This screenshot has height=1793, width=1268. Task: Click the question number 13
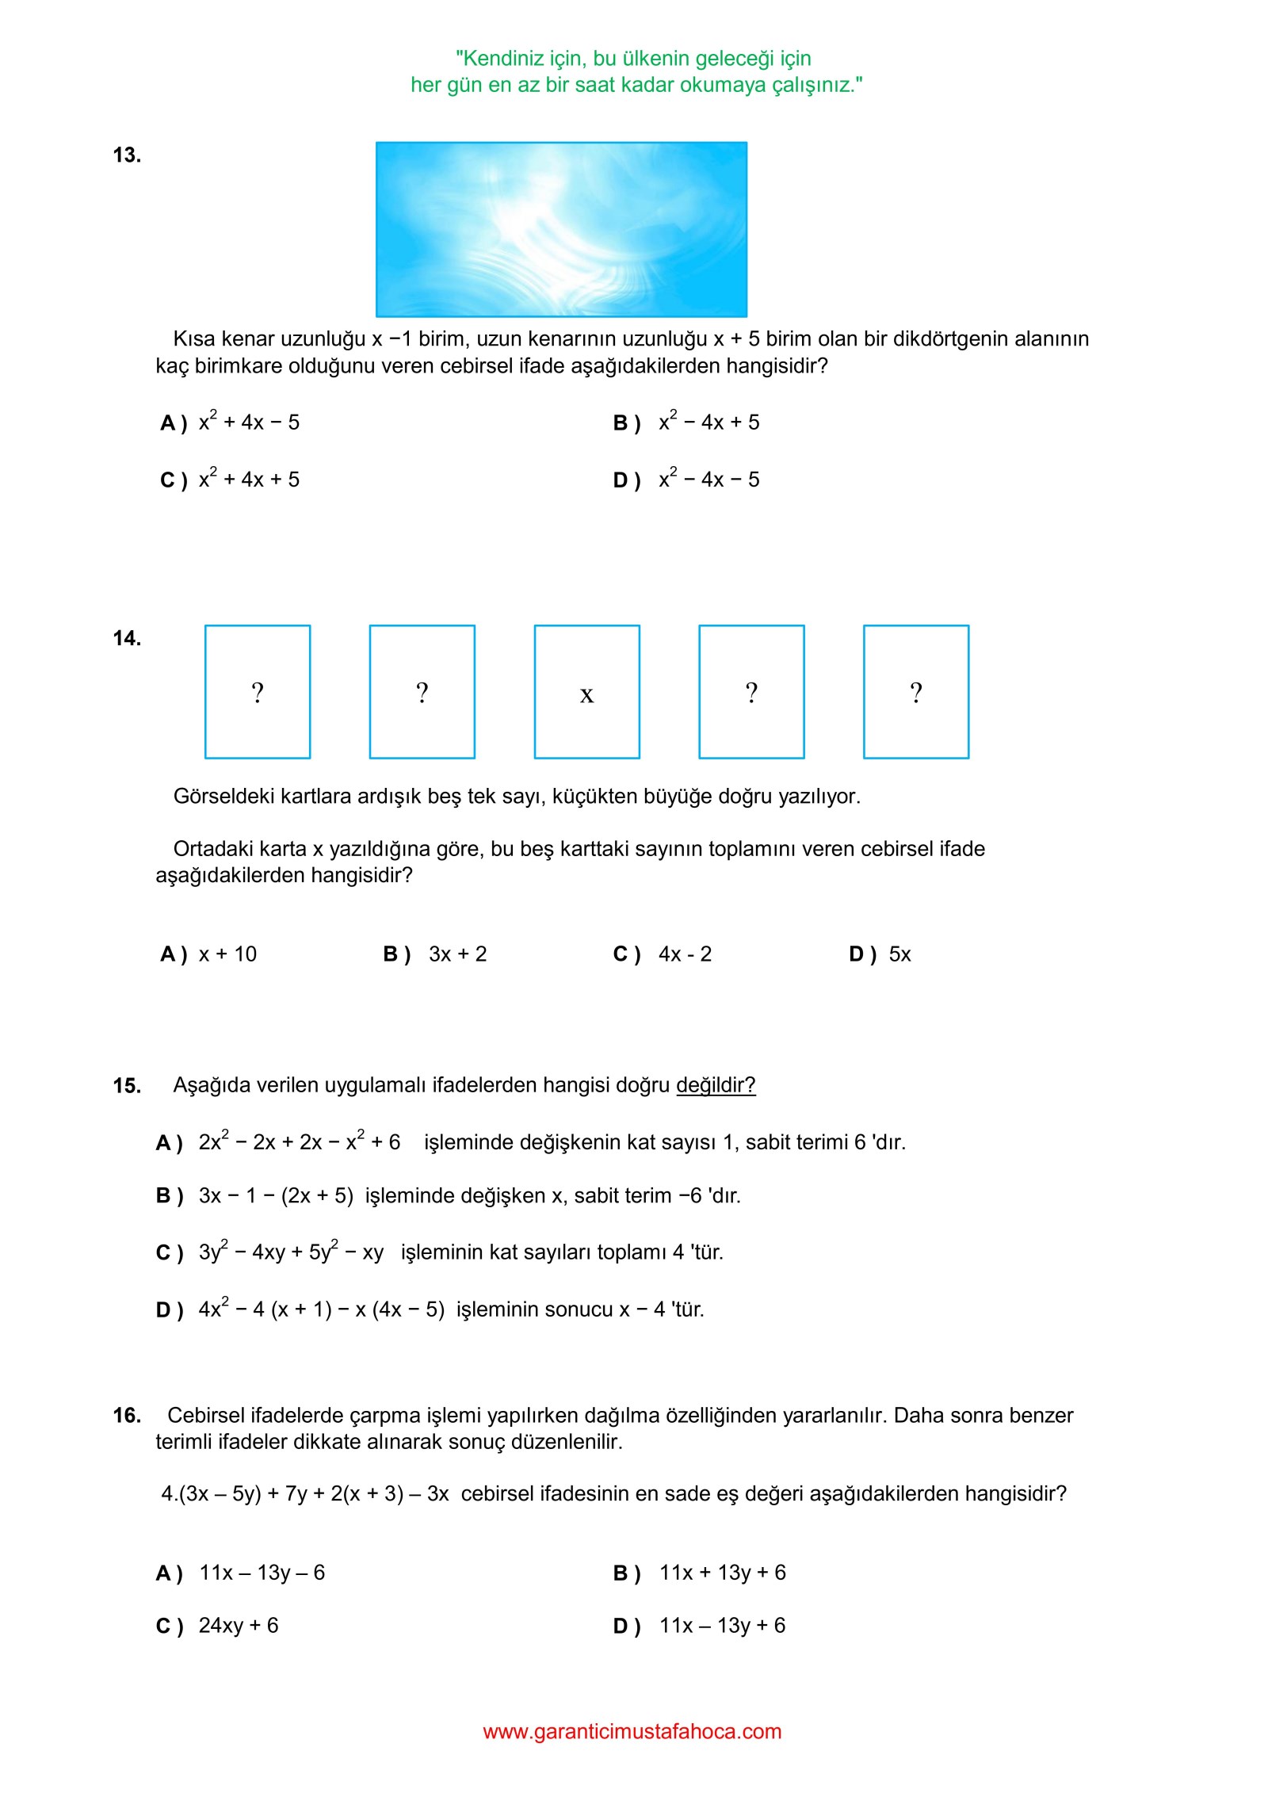pos(127,155)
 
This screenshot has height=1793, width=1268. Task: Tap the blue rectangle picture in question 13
pos(561,229)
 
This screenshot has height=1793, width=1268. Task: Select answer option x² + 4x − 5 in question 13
pos(249,421)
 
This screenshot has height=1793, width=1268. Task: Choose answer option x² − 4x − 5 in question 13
pos(708,478)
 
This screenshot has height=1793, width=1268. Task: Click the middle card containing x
pos(586,692)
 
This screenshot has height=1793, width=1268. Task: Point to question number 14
pos(127,639)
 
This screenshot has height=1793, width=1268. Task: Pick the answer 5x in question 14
pos(899,954)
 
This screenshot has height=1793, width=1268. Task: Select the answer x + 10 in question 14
pos(227,954)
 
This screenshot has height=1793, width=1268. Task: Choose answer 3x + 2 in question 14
pos(457,954)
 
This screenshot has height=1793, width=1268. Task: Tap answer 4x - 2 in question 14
pos(685,954)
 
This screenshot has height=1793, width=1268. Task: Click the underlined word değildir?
pos(716,1085)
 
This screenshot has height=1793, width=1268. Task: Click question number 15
pos(127,1086)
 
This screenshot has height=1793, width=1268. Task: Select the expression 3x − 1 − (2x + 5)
pos(276,1196)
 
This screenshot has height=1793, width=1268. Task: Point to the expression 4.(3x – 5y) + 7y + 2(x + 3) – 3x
pos(305,1494)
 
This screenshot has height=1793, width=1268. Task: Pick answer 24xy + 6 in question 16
pos(239,1626)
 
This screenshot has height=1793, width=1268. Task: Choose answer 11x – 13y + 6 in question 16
pos(722,1626)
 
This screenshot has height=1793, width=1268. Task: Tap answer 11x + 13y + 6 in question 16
pos(722,1573)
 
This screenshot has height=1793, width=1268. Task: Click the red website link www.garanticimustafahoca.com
pos(632,1732)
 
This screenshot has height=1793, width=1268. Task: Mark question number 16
pos(127,1416)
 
